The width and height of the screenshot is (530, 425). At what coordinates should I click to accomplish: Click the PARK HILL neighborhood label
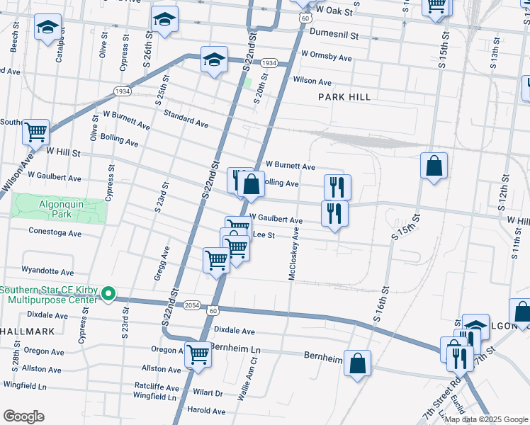click(344, 97)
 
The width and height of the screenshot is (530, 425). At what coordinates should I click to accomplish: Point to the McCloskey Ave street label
click(293, 253)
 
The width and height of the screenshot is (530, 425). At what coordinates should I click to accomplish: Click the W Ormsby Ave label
click(326, 57)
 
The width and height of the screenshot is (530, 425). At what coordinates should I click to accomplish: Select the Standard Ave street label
click(186, 118)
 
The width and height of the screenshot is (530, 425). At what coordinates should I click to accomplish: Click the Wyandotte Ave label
click(47, 271)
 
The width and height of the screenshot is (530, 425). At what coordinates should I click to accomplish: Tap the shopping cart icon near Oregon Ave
click(198, 353)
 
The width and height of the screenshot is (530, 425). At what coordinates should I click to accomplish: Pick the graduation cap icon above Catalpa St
click(47, 28)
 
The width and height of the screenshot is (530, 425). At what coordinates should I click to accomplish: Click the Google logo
click(23, 416)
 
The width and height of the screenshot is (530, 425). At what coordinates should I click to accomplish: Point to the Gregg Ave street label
click(161, 263)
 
